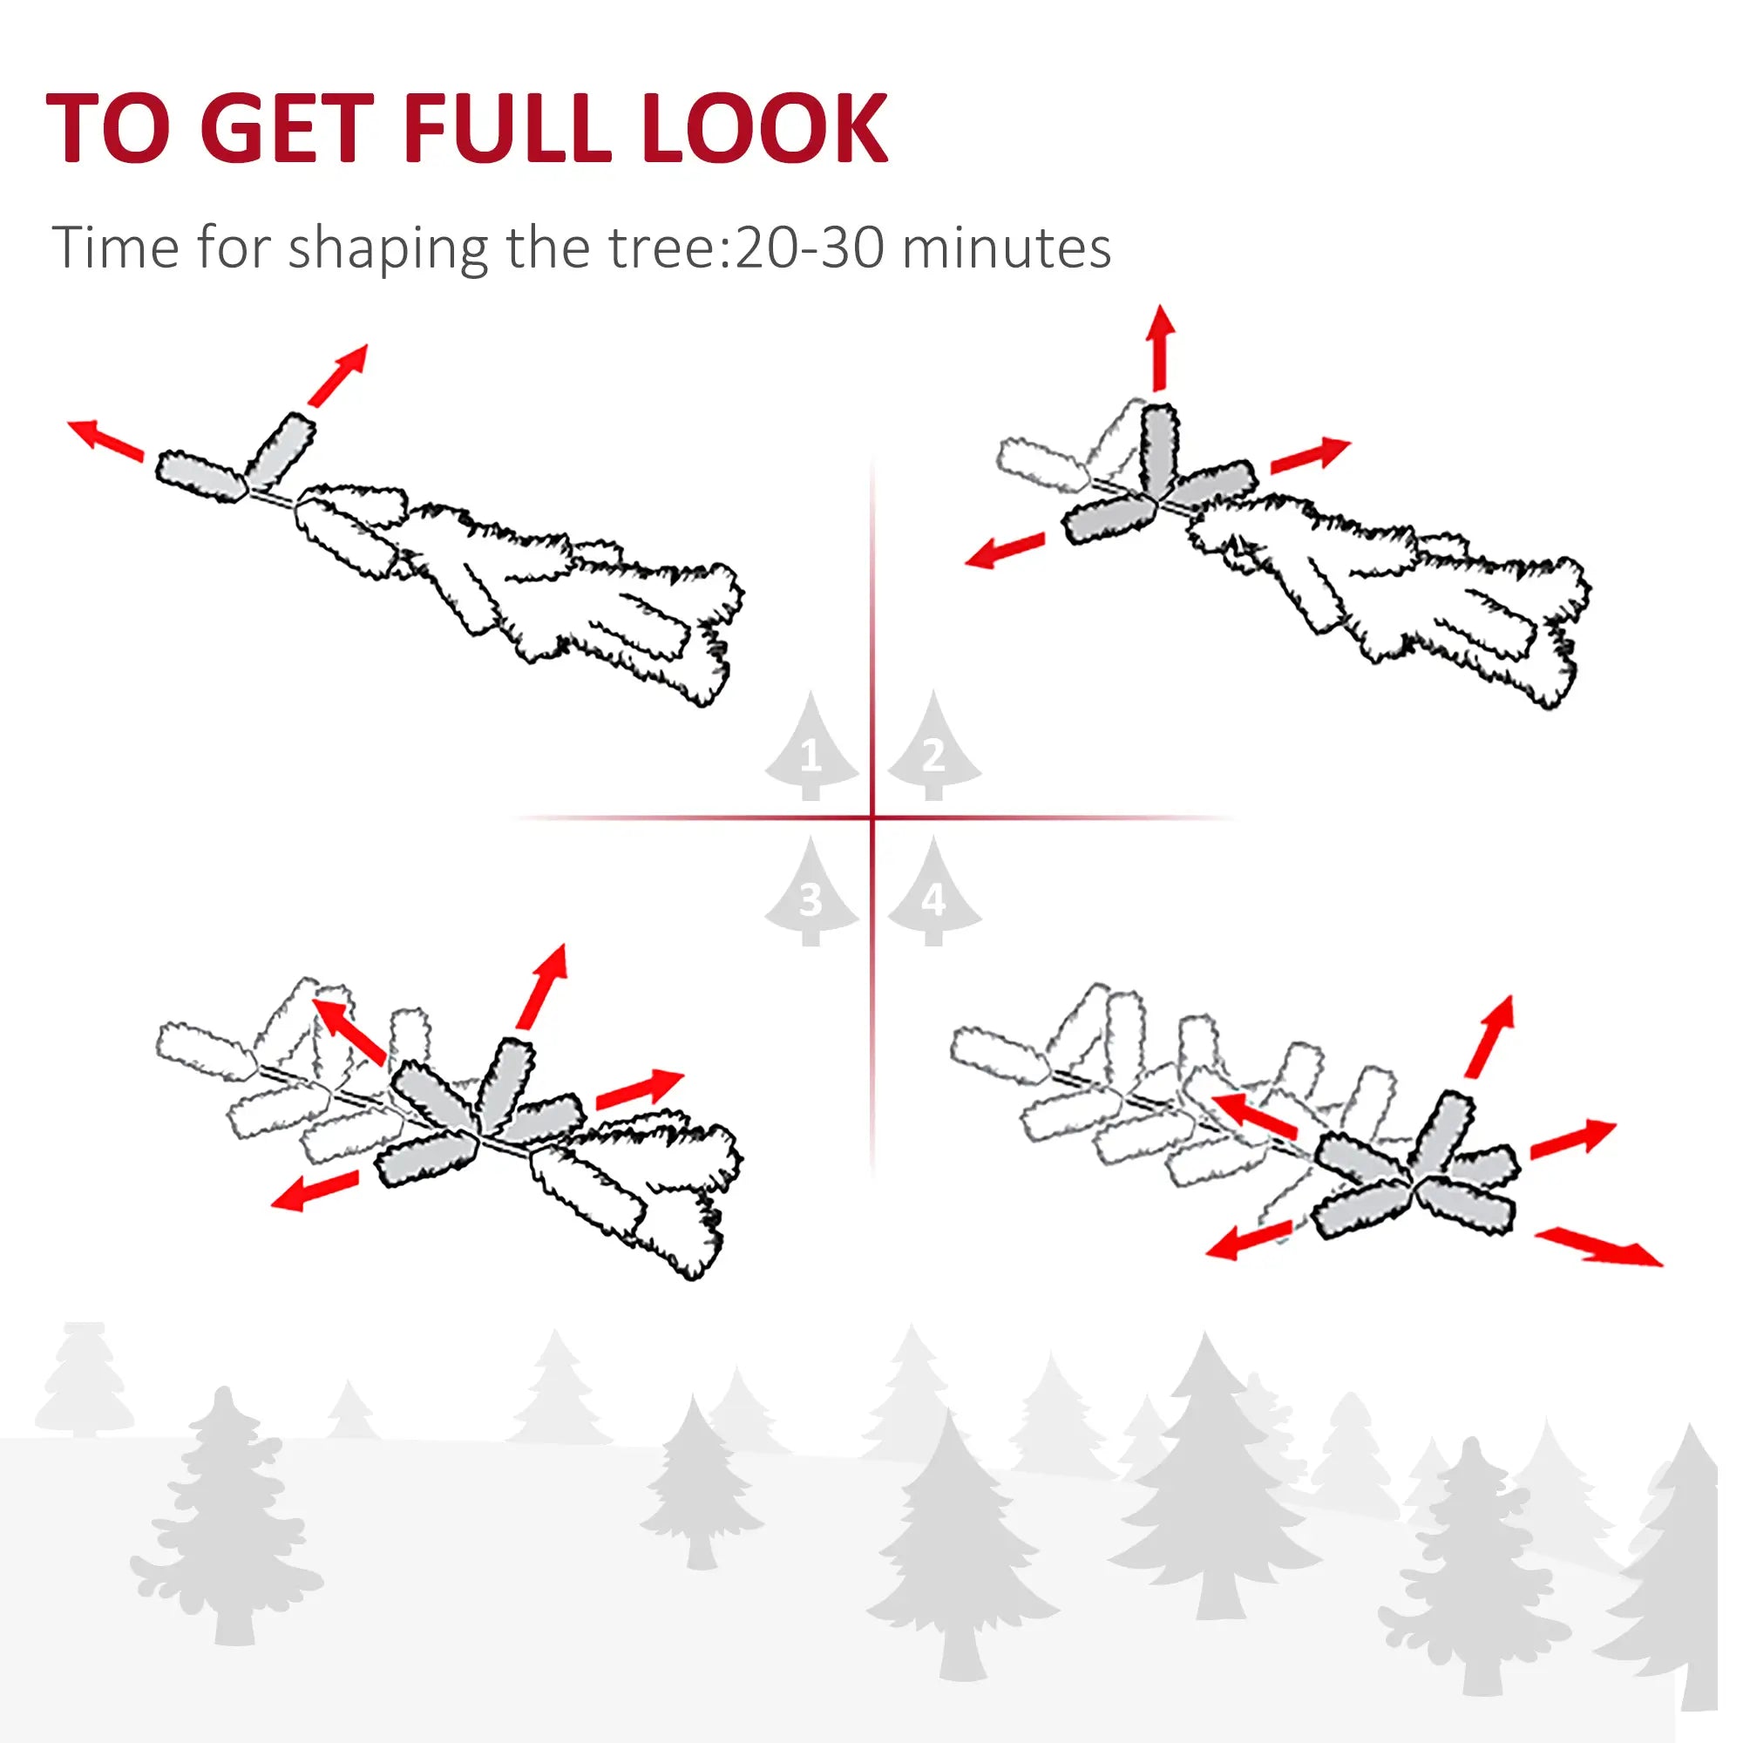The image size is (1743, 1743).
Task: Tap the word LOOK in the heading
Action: (765, 128)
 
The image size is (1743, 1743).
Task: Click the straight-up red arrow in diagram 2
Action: (1160, 348)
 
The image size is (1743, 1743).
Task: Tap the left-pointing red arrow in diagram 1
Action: (105, 439)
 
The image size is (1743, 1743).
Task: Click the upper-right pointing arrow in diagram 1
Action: (338, 375)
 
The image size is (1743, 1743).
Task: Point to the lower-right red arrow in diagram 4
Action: (1597, 1248)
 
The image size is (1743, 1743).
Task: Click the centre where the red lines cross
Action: (872, 818)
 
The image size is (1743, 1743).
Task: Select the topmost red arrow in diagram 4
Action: (1489, 1037)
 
